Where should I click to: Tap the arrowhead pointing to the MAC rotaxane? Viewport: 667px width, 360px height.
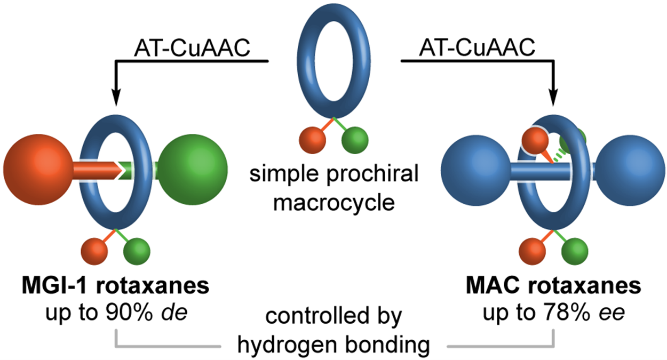tap(554, 98)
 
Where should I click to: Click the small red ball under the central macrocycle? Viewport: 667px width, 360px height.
tap(312, 140)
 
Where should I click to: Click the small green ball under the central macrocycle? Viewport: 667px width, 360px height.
tap(354, 140)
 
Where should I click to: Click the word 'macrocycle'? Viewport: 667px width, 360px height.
tap(333, 203)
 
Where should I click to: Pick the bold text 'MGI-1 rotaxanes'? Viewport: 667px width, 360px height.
tap(115, 287)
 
